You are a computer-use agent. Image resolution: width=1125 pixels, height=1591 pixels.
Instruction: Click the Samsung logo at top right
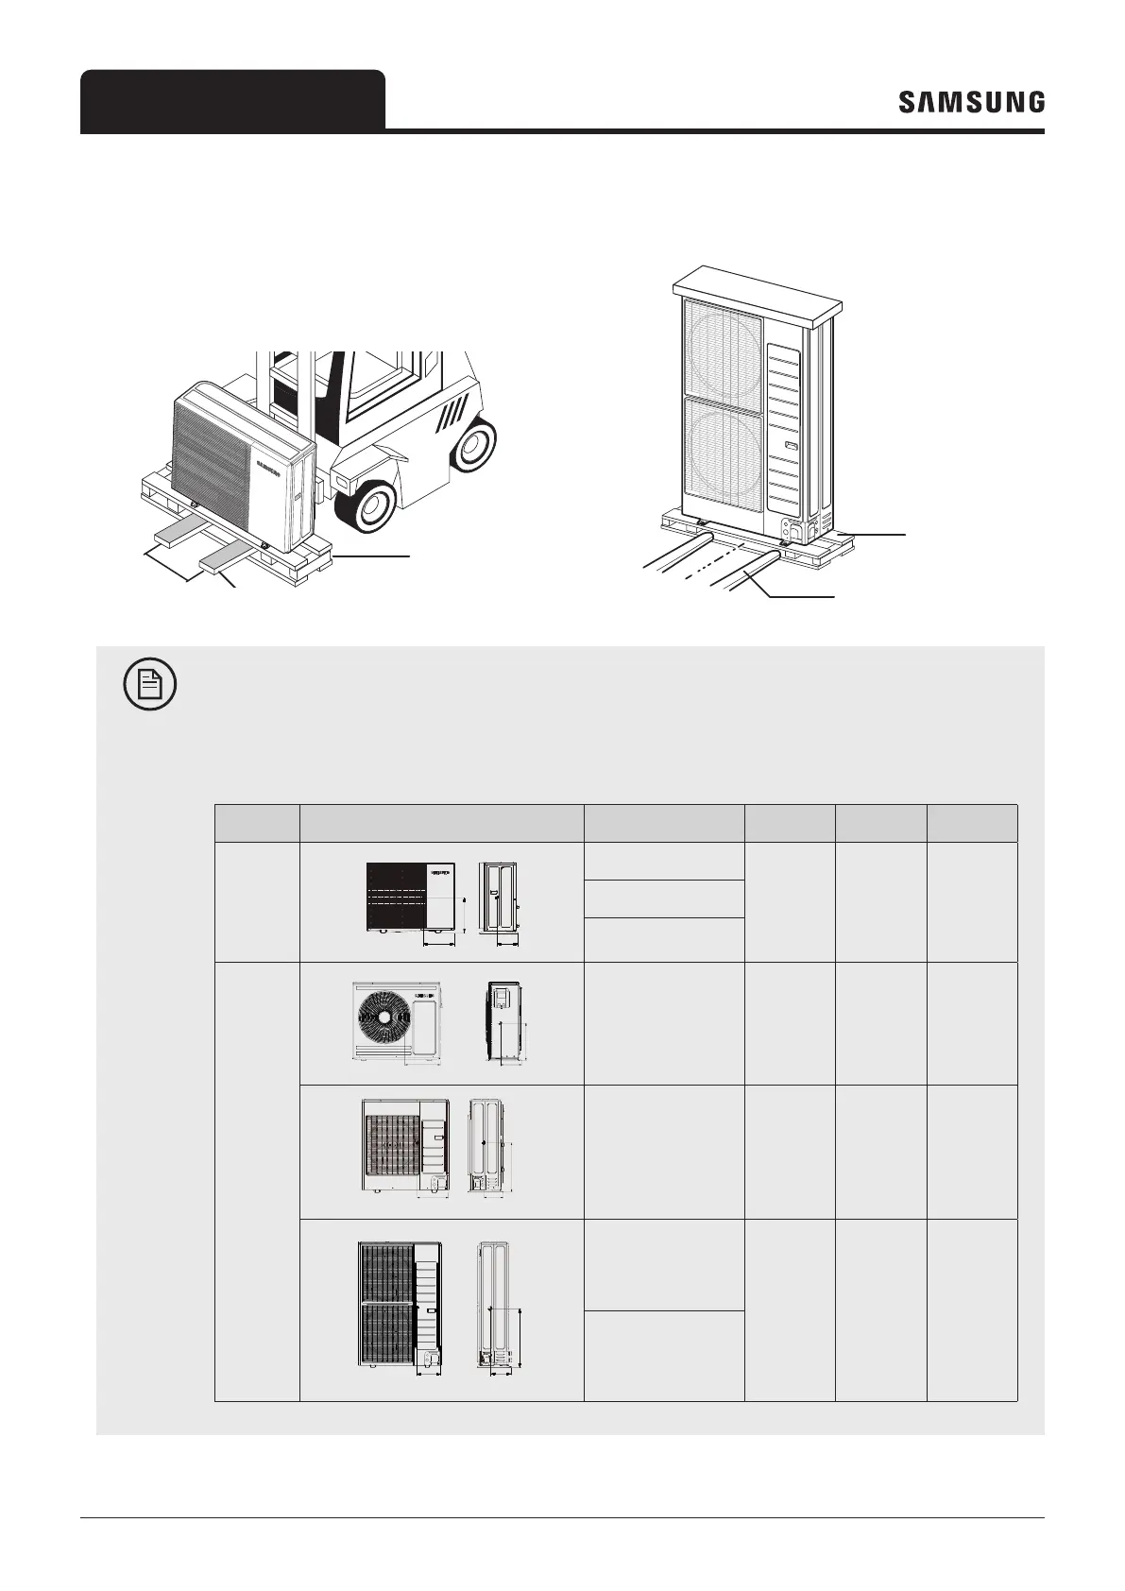click(x=971, y=102)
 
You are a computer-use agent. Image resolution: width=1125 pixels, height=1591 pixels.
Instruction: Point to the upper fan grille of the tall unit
click(x=722, y=346)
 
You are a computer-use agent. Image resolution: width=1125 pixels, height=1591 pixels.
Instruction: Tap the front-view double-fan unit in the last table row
click(x=398, y=1304)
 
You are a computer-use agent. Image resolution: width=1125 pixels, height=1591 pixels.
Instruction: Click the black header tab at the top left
click(x=232, y=100)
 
